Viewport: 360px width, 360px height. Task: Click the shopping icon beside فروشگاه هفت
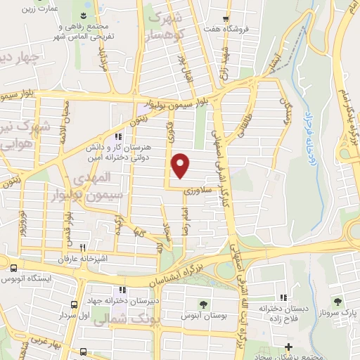pos(225,19)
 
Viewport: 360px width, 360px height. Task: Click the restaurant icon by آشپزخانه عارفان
pos(83,247)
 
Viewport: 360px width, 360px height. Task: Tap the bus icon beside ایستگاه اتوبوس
pos(14,268)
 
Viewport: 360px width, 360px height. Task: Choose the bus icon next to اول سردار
pos(74,304)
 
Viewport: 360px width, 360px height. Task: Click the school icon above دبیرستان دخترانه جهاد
pos(123,290)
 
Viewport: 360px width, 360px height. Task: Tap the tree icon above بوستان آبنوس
pos(203,304)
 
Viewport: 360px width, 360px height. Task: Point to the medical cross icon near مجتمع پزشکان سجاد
pos(289,347)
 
